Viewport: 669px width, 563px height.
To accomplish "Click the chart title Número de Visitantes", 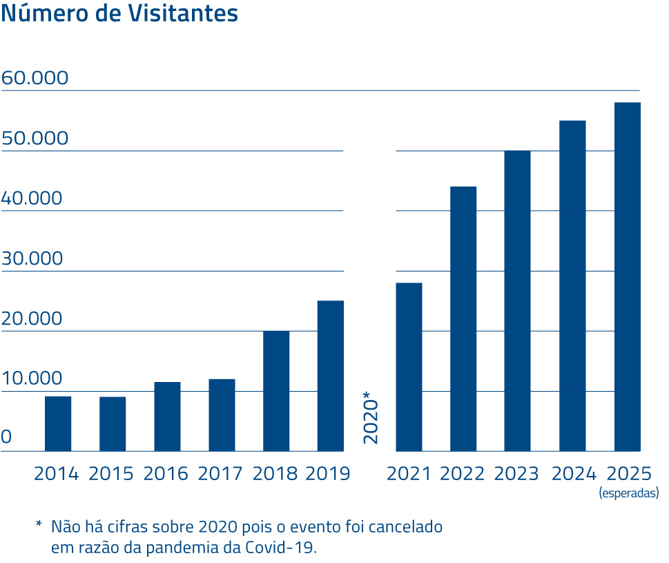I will [x=120, y=14].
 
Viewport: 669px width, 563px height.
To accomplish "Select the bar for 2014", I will [x=58, y=423].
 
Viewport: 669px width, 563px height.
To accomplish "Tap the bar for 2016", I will [x=167, y=417].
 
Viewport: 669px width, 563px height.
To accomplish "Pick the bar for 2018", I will [x=276, y=391].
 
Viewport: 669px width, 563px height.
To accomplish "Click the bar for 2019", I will [x=331, y=376].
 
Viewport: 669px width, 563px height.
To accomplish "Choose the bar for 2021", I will [x=409, y=367].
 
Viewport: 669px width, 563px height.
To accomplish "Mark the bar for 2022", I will [x=463, y=318].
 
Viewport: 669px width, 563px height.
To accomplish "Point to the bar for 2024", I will [x=572, y=286].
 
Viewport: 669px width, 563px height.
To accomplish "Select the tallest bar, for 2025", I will [x=628, y=277].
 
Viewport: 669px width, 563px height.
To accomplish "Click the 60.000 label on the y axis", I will [x=35, y=78].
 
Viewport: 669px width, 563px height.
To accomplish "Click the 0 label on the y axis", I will [x=6, y=437].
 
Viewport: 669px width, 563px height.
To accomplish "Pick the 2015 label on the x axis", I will [x=111, y=474].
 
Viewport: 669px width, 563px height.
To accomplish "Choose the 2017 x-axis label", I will [x=220, y=474].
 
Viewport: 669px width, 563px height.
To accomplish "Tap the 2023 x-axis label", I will [x=517, y=474].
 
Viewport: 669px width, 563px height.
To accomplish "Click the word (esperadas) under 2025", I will [x=628, y=493].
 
